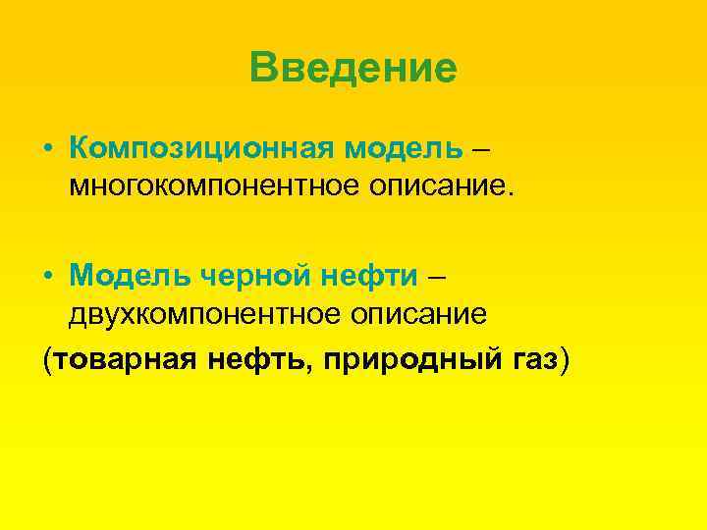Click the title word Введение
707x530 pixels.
(x=353, y=69)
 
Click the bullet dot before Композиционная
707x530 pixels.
(x=48, y=149)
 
